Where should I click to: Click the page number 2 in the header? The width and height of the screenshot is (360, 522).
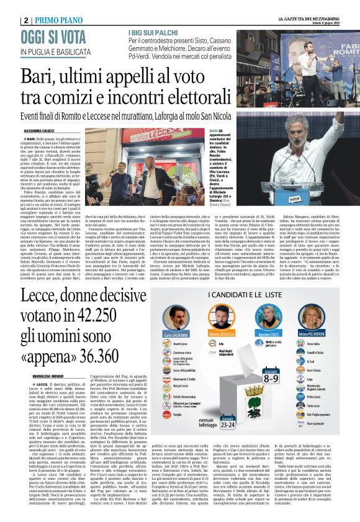click(x=25, y=19)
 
